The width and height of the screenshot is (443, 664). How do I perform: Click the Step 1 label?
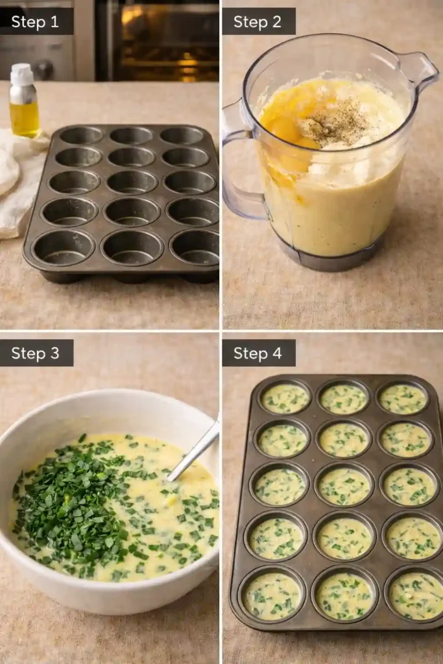click(36, 21)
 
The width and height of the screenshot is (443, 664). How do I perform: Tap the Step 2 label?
click(257, 21)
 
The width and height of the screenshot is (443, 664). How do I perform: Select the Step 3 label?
click(36, 353)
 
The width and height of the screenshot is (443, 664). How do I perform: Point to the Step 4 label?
click(257, 353)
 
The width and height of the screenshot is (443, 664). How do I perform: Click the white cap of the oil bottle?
click(21, 74)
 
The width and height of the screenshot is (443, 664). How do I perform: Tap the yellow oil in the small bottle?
click(25, 119)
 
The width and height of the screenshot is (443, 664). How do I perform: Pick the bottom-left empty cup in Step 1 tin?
click(63, 247)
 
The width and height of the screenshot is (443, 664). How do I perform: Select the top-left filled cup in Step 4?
click(285, 398)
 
